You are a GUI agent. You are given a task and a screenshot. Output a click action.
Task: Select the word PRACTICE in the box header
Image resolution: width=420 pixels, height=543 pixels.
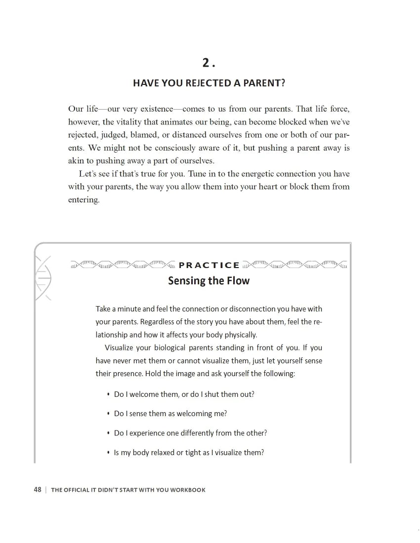209,265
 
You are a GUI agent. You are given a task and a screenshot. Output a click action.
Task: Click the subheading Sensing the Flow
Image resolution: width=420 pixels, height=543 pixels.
209,281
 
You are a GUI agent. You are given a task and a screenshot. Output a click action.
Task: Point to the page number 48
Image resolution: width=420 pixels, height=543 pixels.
38,490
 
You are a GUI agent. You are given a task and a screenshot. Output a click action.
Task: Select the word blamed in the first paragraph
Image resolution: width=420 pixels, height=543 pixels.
144,135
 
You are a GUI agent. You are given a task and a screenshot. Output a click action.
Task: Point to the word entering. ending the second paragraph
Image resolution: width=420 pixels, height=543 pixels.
84,200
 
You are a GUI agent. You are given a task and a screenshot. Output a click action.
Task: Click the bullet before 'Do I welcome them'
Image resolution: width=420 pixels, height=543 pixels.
108,394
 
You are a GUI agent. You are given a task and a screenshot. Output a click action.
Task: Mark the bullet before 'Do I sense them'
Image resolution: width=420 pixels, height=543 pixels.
108,414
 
